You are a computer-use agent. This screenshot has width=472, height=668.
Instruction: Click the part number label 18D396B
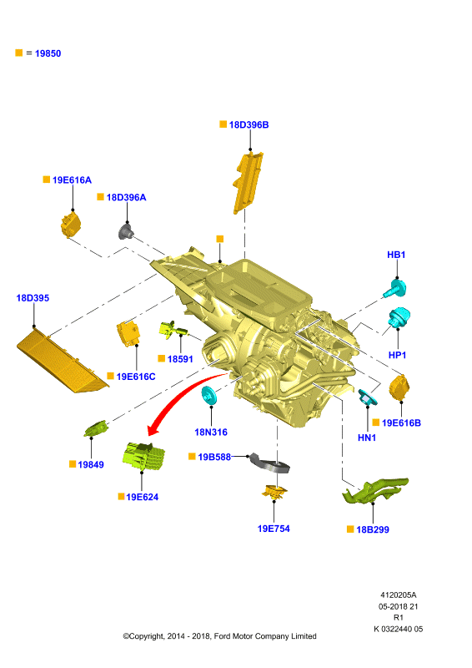pos(249,124)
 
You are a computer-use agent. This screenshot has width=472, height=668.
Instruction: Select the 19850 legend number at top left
pos(48,53)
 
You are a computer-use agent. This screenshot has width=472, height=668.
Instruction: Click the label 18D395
pos(33,298)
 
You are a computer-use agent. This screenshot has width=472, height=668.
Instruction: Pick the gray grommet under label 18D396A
pos(126,231)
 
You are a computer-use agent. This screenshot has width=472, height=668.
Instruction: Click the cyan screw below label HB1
pos(394,288)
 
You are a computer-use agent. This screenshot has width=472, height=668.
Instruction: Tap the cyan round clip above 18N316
pos(209,396)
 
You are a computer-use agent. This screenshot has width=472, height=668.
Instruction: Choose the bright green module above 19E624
pos(143,456)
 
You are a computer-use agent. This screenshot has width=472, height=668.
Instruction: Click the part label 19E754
pos(274,529)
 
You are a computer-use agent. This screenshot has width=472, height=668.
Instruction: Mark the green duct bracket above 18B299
pos(374,491)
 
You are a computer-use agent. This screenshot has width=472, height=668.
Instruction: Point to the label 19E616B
pos(401,423)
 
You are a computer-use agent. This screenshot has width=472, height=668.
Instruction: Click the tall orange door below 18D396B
pos(248,182)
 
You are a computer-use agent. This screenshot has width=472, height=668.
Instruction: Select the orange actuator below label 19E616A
pos(71,224)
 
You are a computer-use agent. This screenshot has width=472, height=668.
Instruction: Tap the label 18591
pos(180,359)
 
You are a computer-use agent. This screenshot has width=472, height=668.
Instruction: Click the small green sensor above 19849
pos(96,428)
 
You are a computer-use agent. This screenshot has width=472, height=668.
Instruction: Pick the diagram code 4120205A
pos(399,595)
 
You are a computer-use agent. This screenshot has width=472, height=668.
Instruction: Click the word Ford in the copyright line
pos(222,636)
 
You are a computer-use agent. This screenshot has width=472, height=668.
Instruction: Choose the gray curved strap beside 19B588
pos(269,463)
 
